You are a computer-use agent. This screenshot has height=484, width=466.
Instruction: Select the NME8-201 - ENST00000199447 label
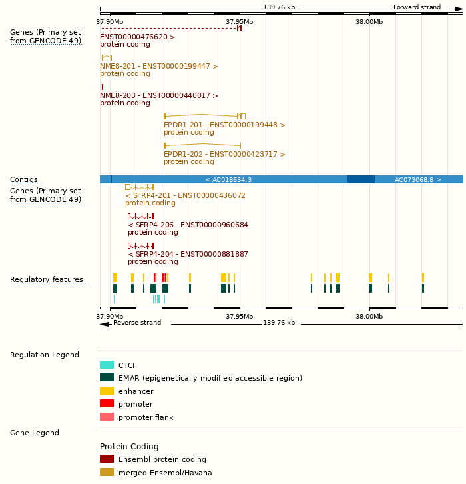click(x=158, y=66)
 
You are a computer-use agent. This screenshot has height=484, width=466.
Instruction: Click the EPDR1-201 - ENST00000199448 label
click(x=224, y=125)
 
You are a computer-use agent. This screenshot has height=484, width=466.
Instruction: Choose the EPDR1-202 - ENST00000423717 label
click(x=224, y=154)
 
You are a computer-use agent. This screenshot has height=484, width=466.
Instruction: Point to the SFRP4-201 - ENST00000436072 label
click(x=185, y=195)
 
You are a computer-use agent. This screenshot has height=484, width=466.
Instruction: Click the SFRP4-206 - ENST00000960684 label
click(x=188, y=225)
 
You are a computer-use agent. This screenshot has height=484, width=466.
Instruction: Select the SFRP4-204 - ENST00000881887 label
click(x=188, y=254)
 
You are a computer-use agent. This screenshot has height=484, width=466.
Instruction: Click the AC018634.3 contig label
click(x=228, y=179)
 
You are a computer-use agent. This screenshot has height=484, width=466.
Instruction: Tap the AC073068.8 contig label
click(x=417, y=179)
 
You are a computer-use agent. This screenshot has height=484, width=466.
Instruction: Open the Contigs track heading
click(x=24, y=179)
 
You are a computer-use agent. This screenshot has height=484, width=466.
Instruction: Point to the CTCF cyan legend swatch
click(x=107, y=365)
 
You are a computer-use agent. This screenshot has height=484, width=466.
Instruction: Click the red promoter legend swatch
click(x=107, y=404)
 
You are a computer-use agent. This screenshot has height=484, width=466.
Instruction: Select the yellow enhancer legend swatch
click(x=107, y=391)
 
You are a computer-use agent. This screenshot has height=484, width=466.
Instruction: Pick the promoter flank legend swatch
click(x=107, y=417)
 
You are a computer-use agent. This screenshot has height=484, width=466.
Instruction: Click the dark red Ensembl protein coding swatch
click(x=107, y=459)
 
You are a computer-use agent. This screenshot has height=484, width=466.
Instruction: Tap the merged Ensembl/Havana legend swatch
click(x=107, y=472)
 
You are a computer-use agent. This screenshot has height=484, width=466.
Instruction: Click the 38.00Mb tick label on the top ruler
click(x=369, y=21)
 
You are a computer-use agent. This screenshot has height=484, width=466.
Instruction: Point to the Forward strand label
click(x=417, y=7)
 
